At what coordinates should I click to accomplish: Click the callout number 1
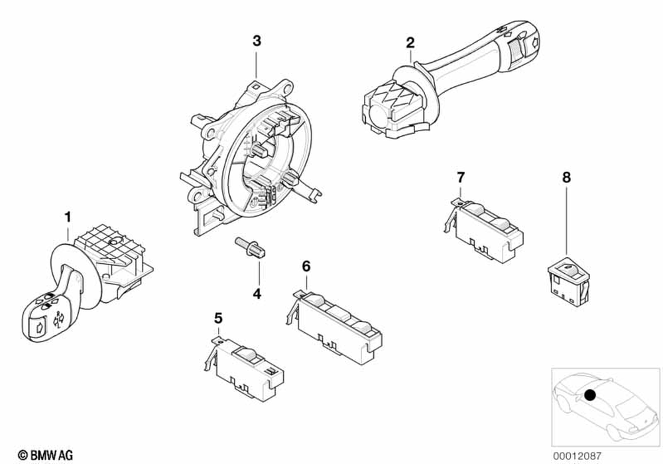[x=67, y=216]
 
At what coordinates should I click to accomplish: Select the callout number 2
[x=410, y=43]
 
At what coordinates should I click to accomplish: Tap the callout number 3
[x=257, y=41]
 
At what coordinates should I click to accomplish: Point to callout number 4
[x=256, y=293]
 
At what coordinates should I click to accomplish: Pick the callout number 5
[x=218, y=319]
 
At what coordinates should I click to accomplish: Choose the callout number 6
[x=306, y=266]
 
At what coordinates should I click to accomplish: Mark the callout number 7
[x=461, y=177]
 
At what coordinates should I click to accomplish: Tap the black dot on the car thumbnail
[x=591, y=396]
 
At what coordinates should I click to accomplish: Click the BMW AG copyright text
[x=46, y=454]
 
